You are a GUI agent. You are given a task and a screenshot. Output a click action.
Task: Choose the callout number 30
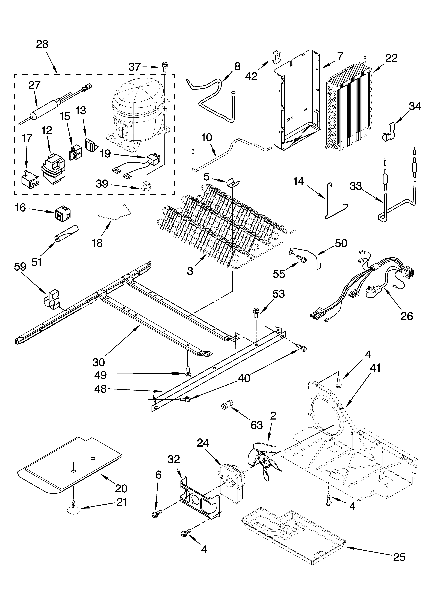[x=98, y=362]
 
